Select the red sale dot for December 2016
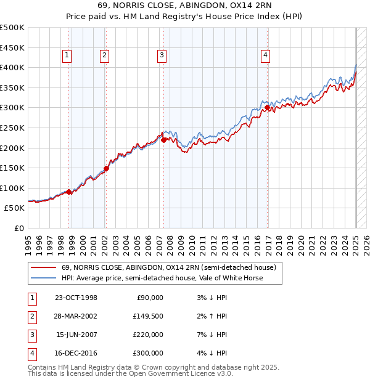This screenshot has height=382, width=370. [x=267, y=107]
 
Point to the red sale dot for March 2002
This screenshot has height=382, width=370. [x=106, y=168]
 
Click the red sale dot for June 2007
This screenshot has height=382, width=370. [x=163, y=140]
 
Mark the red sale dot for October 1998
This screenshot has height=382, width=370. [x=68, y=192]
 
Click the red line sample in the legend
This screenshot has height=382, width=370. [x=43, y=268]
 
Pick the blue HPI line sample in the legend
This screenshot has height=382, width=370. [x=43, y=278]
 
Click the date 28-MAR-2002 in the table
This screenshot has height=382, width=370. [x=76, y=317]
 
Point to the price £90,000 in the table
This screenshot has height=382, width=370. [x=149, y=298]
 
